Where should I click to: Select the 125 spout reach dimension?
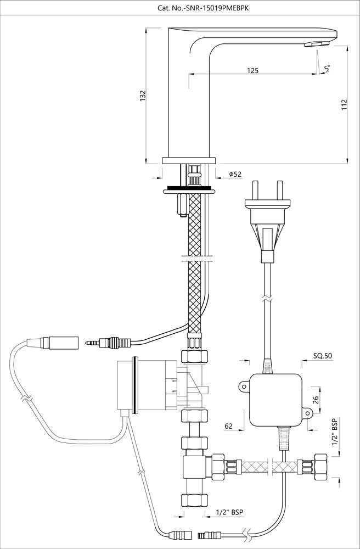[253, 70]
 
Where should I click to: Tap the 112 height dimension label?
[344, 105]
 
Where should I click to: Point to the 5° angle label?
[327, 69]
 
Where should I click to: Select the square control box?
[275, 400]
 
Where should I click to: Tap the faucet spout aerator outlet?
[317, 43]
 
